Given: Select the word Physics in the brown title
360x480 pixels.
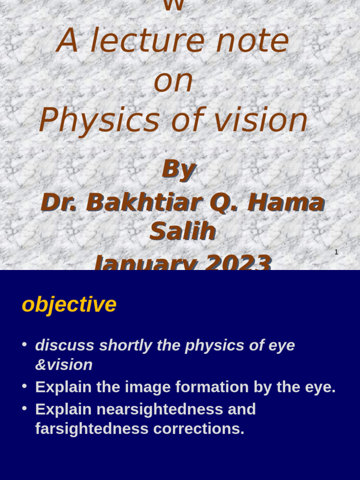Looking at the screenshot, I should [x=99, y=120].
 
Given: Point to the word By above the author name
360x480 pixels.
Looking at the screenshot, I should [x=178, y=169].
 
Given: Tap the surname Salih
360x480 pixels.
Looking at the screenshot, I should [x=182, y=231].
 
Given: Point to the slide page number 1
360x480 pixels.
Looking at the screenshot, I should [x=336, y=252].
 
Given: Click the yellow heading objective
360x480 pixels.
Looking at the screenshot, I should [x=69, y=305].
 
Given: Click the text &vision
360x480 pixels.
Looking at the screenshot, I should [x=64, y=365].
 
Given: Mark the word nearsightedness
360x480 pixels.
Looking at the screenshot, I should [x=159, y=409].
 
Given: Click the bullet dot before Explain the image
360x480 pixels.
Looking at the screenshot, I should [x=24, y=386].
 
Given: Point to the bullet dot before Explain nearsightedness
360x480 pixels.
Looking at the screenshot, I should [x=24, y=408].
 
